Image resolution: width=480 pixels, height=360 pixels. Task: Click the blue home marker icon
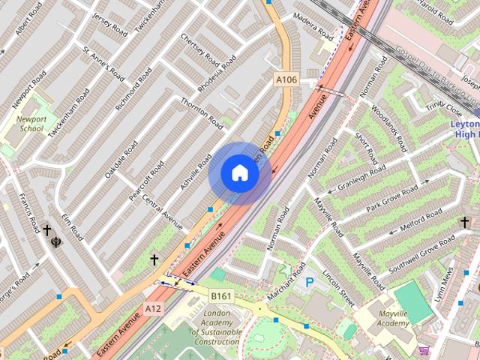click(239, 173)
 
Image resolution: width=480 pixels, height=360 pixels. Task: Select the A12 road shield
click(154, 307)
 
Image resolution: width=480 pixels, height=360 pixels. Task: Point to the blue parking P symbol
click(310, 283)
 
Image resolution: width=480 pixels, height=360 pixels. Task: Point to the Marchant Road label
click(284, 284)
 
